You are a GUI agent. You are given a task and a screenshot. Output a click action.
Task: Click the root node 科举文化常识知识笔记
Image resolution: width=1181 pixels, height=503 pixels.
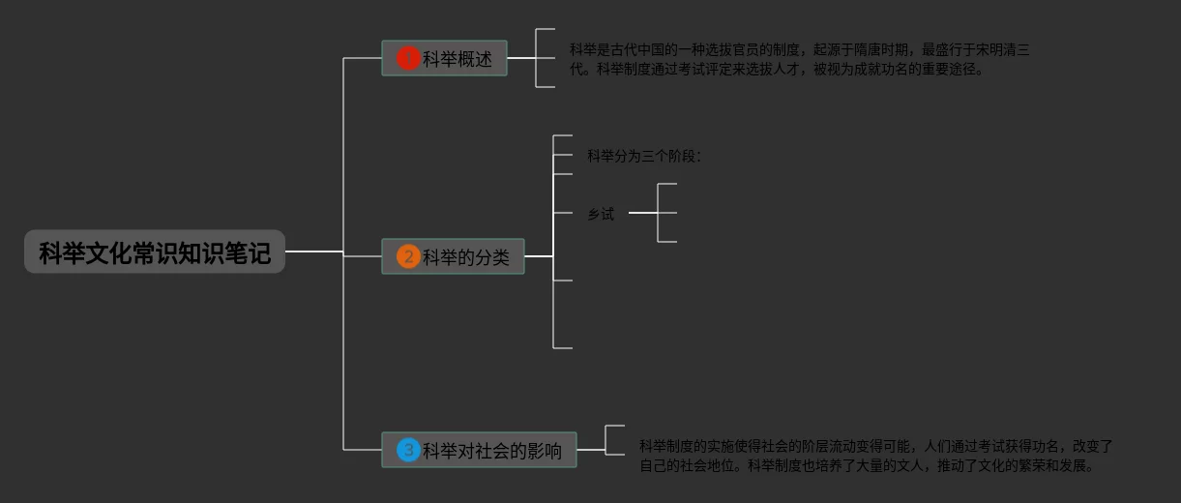coord(155,252)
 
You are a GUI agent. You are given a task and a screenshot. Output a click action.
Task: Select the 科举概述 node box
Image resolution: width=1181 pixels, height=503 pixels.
coord(444,59)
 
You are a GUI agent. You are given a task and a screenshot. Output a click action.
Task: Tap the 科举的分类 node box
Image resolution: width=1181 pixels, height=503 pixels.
coord(453,256)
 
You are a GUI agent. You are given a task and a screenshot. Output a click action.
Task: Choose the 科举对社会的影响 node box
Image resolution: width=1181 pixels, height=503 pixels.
coord(479,450)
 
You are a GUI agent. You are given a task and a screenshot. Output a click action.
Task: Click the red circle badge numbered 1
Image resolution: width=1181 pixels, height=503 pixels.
coord(408,59)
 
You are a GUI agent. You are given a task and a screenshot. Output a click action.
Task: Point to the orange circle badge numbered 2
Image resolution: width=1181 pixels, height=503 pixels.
coord(408,256)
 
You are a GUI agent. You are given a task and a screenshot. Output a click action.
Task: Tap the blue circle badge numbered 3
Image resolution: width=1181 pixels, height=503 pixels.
coord(408,450)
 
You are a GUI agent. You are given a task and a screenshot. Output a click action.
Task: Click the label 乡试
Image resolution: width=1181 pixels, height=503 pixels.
coord(601,215)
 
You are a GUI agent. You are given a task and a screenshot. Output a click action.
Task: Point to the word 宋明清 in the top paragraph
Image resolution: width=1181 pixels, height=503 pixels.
coord(998,50)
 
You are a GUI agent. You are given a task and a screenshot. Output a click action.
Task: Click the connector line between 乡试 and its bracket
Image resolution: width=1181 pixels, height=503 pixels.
coord(642,213)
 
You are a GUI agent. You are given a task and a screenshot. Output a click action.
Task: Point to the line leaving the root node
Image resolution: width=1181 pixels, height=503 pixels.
coord(313,251)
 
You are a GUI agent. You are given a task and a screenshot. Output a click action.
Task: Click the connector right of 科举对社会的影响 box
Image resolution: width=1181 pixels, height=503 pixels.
coord(590,450)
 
